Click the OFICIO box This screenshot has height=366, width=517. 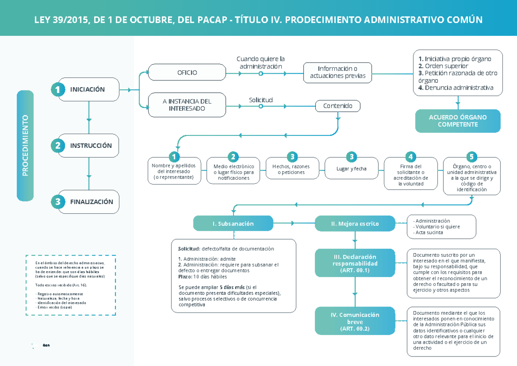(187, 72)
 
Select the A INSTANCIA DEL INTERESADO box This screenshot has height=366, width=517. (187, 105)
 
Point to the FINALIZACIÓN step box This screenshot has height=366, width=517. (88, 202)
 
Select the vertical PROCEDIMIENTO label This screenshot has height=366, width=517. (25, 145)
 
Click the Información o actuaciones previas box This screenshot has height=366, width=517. (337, 72)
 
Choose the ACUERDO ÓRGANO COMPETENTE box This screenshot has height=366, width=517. (458, 121)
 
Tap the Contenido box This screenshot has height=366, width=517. (338, 106)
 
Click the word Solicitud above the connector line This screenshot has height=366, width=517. (261, 100)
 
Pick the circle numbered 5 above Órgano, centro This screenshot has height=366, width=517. (472, 156)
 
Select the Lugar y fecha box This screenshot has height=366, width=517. (352, 169)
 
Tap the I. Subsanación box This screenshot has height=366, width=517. (233, 223)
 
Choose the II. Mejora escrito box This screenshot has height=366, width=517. (355, 223)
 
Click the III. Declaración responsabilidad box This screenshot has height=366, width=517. (355, 263)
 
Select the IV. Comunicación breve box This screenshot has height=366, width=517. (355, 321)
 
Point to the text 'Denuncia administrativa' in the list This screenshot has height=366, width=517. (459, 88)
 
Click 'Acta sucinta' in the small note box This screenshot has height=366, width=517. (429, 232)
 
